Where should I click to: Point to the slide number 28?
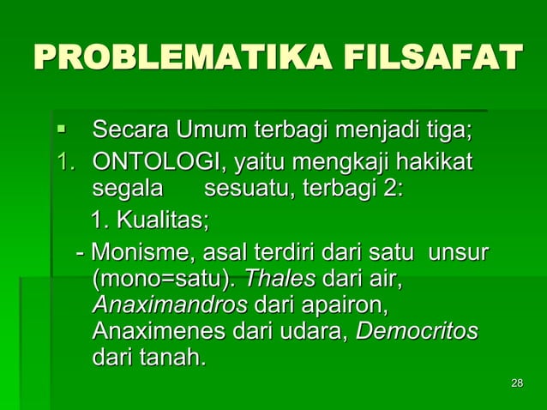click(x=516, y=383)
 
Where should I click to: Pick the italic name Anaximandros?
click(x=170, y=305)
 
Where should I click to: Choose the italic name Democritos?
click(x=417, y=331)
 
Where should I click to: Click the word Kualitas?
click(x=162, y=220)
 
